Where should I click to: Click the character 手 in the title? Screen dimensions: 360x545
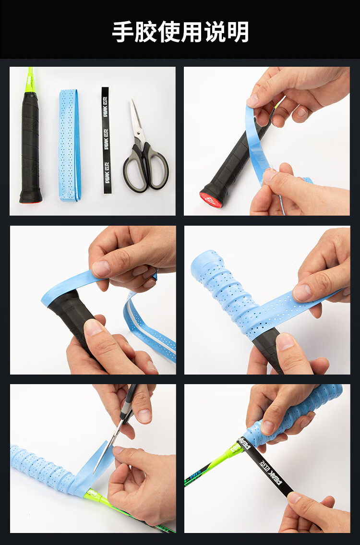123,32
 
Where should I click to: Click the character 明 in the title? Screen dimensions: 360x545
238,32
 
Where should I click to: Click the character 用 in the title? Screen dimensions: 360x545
192,32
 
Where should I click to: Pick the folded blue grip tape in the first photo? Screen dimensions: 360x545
70,145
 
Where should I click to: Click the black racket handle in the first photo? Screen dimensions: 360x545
30,147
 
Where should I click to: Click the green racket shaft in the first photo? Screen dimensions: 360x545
30,80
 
